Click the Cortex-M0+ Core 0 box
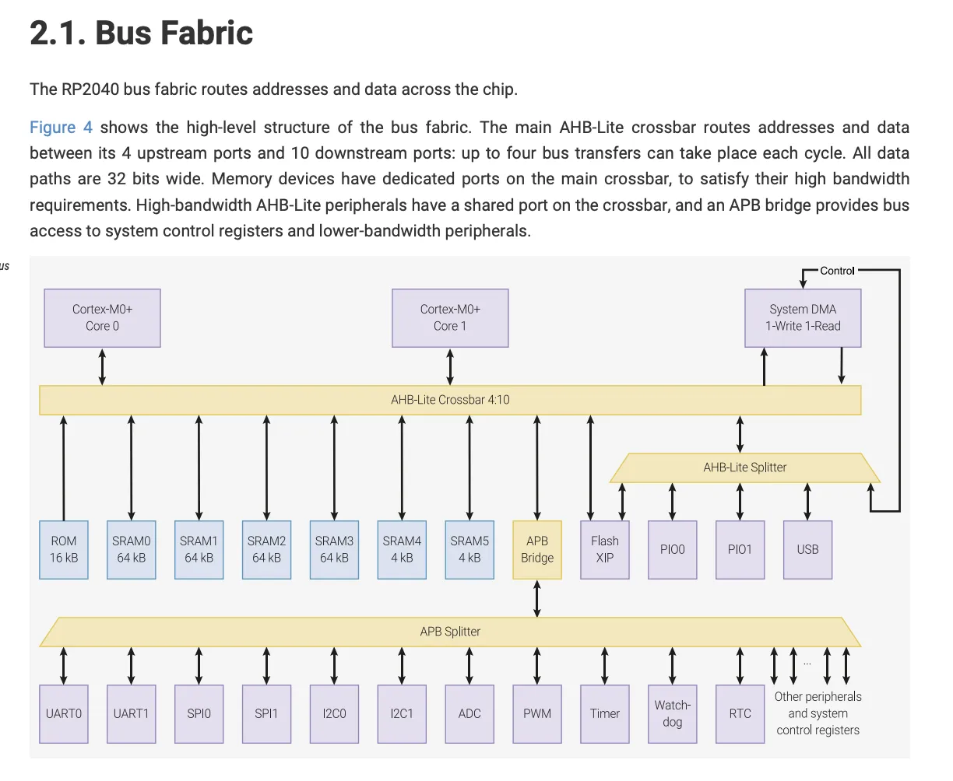coord(102,317)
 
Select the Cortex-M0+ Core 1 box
coord(450,317)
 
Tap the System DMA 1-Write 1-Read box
coord(803,317)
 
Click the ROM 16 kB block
coord(64,549)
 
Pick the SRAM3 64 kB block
coord(334,549)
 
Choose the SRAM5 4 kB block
coord(469,549)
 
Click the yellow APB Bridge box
coord(537,549)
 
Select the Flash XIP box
coord(605,549)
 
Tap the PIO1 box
coord(740,549)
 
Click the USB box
coord(807,549)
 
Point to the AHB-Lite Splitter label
coord(744,468)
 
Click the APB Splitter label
coord(450,632)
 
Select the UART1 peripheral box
coord(131,713)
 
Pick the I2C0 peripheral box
coord(334,713)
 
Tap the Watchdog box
coord(673,713)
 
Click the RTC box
coord(740,713)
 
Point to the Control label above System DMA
coord(837,271)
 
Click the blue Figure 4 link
coord(61,128)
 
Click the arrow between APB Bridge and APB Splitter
coord(537,598)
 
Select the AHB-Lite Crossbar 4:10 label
coord(450,400)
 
